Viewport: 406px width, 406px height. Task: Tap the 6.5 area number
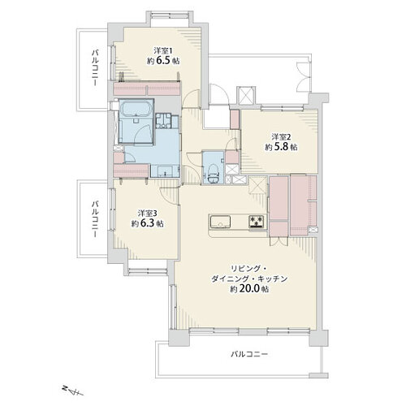click(163, 61)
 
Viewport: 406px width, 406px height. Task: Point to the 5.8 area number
click(282, 147)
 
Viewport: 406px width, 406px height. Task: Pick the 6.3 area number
click(148, 223)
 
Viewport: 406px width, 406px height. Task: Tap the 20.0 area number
click(249, 289)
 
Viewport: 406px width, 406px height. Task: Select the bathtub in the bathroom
click(136, 109)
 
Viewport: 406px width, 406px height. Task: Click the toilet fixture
click(213, 174)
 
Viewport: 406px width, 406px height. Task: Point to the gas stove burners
click(257, 221)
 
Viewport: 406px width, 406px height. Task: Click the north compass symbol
click(72, 391)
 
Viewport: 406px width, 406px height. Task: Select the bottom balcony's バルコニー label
click(249, 354)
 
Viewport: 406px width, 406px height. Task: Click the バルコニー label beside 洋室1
click(95, 67)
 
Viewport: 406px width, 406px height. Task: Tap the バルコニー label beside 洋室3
click(95, 219)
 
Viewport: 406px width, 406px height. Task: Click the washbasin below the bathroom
click(164, 171)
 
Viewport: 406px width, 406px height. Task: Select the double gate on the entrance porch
click(304, 77)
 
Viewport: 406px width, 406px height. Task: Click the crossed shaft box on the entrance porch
click(246, 96)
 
